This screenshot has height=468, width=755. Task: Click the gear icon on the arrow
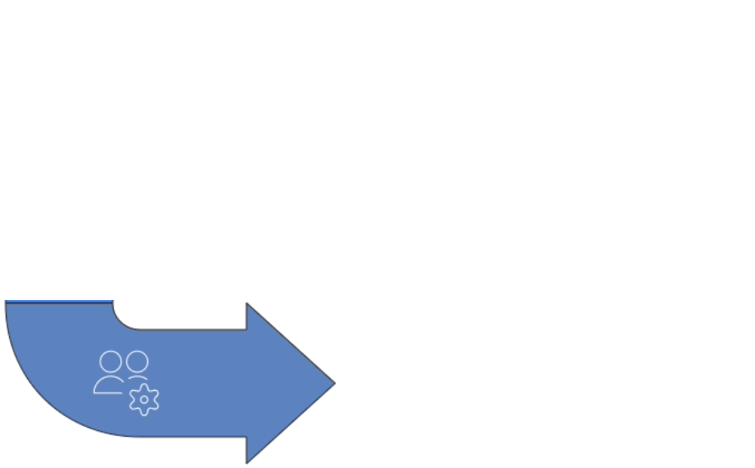point(144,399)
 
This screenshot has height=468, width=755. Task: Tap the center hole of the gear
point(144,399)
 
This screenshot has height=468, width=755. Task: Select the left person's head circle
point(110,362)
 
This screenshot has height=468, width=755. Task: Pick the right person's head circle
point(138,361)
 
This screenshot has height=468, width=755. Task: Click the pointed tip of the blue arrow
point(334,383)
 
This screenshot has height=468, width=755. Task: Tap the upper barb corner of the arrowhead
point(247,304)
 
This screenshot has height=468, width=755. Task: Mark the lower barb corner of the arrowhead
point(247,462)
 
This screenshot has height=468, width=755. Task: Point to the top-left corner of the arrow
point(7,302)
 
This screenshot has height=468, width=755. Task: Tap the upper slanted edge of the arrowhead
point(291,343)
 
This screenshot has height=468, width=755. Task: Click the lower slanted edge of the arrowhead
point(291,423)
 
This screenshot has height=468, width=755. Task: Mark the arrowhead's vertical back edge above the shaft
point(247,317)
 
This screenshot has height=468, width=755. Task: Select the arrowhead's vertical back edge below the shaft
point(247,449)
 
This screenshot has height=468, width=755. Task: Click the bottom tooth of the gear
point(144,413)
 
